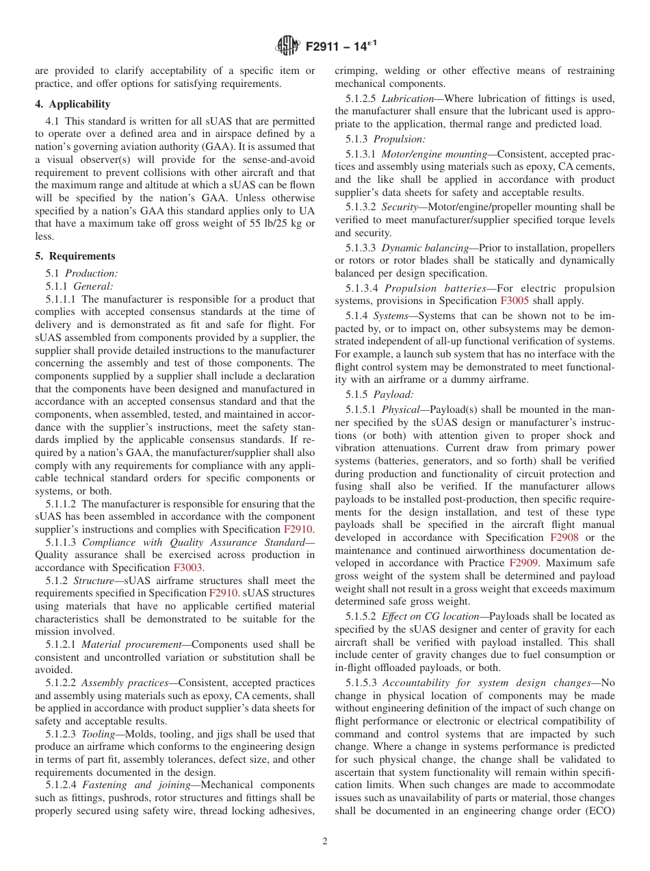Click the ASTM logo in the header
tap(287, 46)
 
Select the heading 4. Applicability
tap(73, 104)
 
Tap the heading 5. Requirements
tap(75, 256)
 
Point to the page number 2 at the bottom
tap(325, 842)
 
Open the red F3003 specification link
tap(188, 567)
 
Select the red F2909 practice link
tap(523, 563)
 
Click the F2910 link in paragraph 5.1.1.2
tap(298, 529)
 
